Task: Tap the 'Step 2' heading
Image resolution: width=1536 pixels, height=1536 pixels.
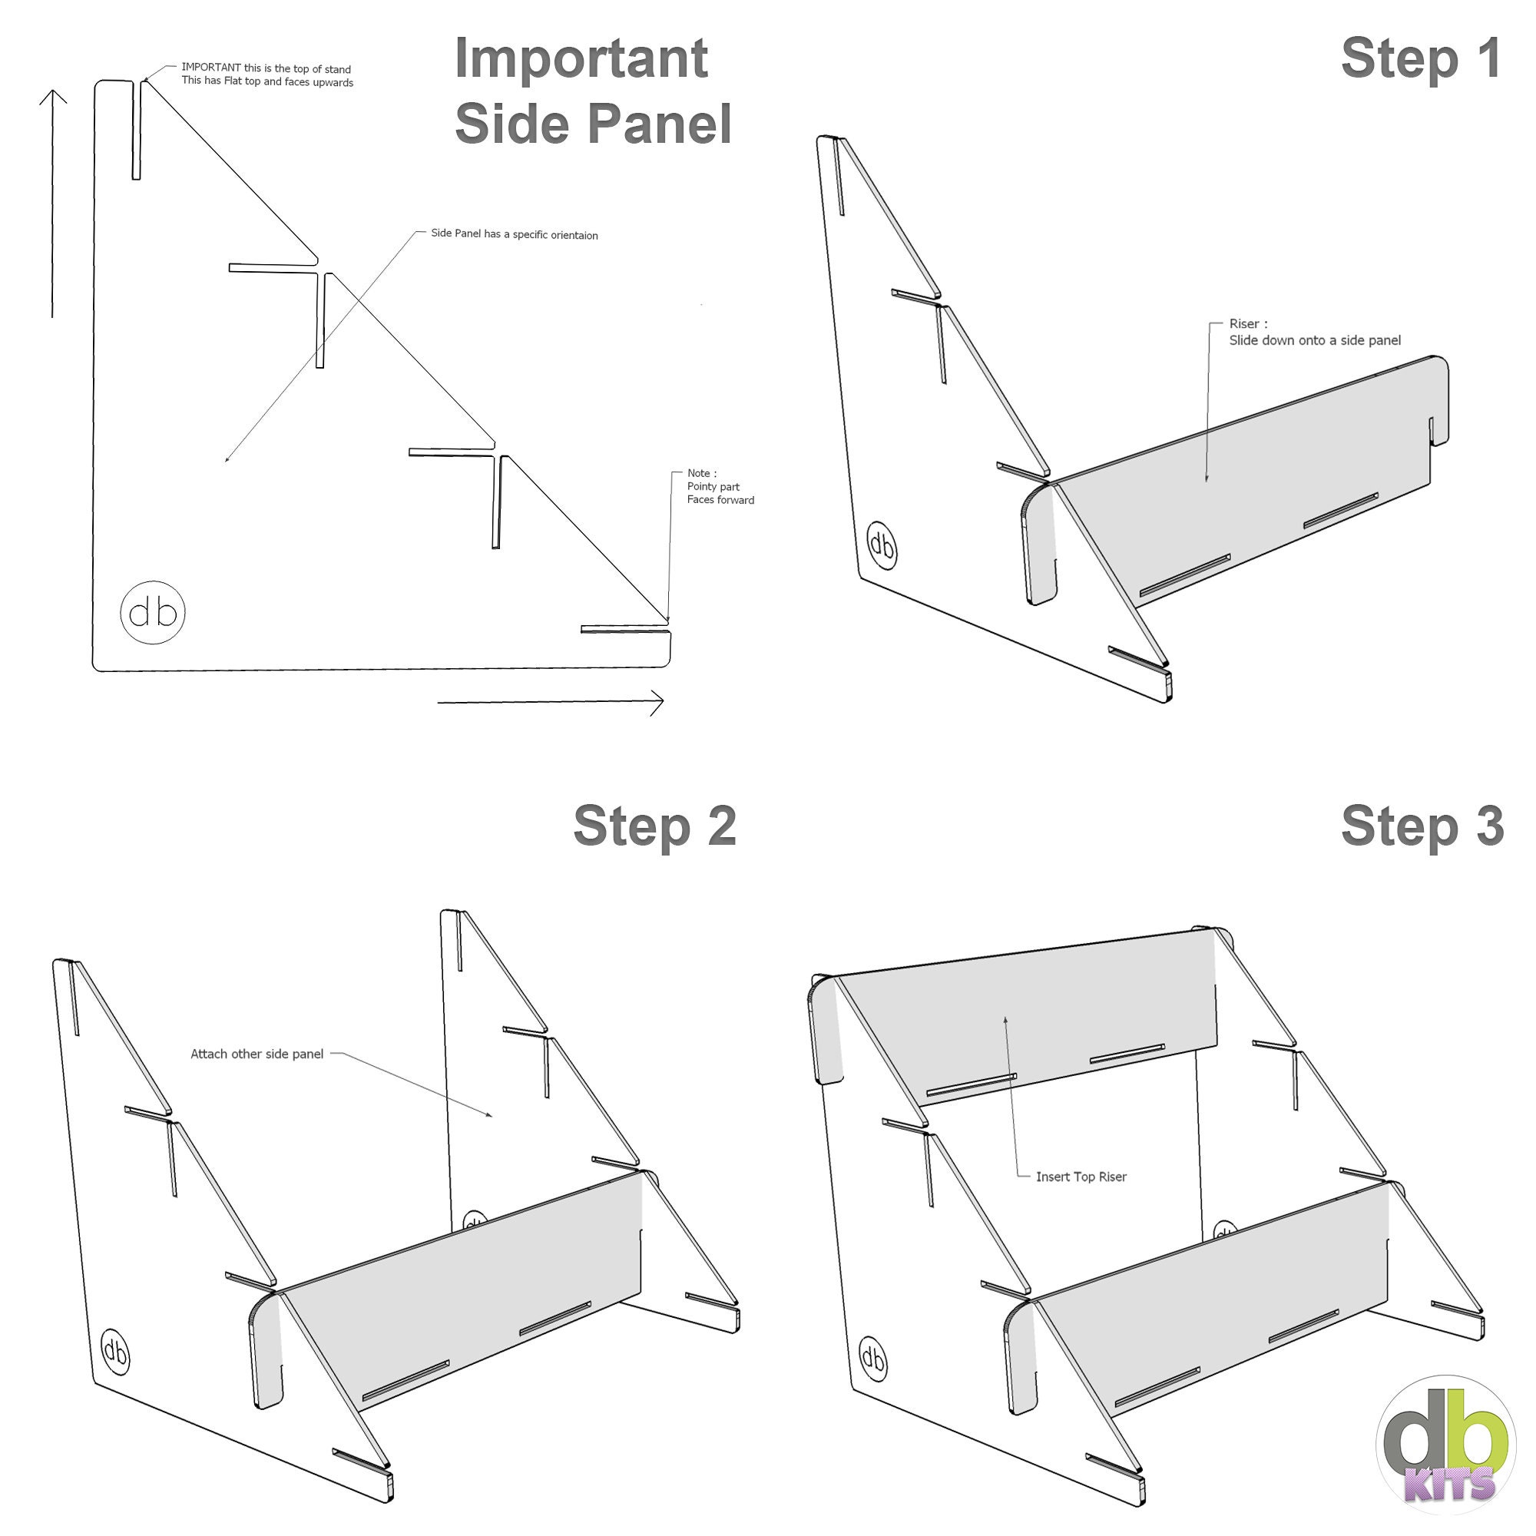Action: coord(654,826)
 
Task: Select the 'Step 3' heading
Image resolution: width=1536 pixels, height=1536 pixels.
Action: coord(1422,826)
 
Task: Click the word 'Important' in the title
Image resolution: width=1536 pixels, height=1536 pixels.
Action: coord(581,59)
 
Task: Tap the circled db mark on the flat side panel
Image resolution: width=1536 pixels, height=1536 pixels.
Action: coord(153,612)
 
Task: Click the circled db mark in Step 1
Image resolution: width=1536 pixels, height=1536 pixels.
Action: coord(881,545)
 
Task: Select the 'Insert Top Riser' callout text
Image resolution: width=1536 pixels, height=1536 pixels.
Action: coord(1081,1177)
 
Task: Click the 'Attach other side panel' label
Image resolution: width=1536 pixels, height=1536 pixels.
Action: coord(257,1054)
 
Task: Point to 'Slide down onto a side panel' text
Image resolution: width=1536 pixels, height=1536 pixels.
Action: coord(1315,340)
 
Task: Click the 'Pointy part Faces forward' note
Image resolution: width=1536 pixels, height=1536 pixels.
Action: coord(720,487)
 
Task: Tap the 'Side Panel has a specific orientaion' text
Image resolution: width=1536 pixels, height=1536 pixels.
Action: coord(515,234)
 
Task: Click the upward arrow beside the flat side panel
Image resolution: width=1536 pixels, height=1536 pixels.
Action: coord(52,204)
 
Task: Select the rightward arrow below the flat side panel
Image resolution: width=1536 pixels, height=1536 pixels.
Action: coord(550,702)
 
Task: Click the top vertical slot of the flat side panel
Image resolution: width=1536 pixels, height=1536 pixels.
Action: coord(137,130)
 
